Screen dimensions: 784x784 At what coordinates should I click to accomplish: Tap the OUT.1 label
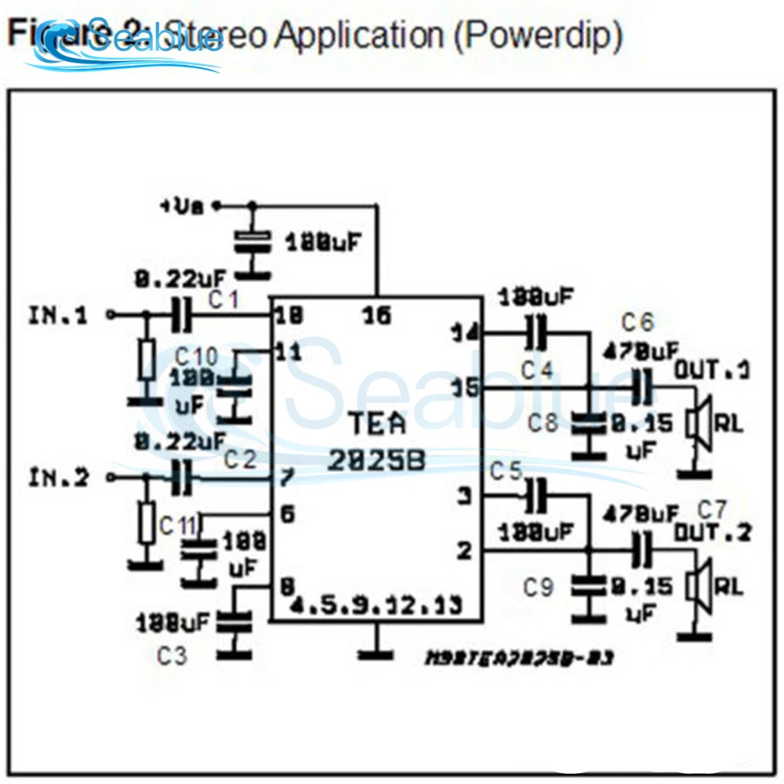click(x=712, y=369)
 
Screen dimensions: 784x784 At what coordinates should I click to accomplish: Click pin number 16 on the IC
click(x=377, y=316)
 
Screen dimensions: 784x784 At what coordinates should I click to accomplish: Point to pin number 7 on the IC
click(x=286, y=477)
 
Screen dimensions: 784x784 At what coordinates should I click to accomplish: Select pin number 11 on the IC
click(x=289, y=352)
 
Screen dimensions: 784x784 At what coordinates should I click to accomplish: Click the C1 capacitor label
click(x=224, y=299)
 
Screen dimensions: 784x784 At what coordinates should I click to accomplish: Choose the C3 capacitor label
click(x=172, y=655)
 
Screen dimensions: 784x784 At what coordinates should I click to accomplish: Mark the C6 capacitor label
click(x=637, y=321)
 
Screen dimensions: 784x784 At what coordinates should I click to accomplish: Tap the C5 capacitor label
click(x=506, y=471)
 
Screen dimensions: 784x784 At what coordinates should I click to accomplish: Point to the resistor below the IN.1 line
click(x=147, y=361)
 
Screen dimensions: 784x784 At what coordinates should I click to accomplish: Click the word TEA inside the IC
click(x=377, y=424)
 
